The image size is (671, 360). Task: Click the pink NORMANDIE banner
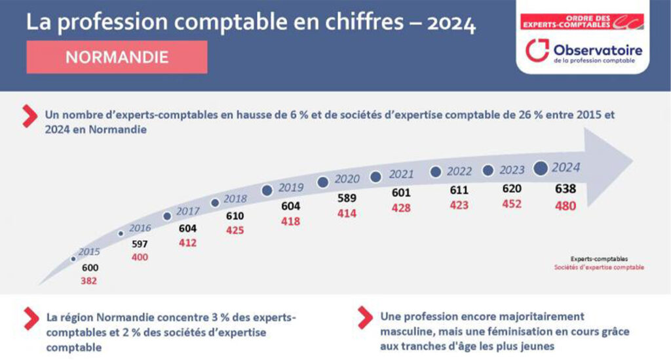coord(117,57)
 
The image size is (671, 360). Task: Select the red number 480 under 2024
coord(565,205)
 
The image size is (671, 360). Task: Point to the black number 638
coord(565,189)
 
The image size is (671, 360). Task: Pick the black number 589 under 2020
coord(347,197)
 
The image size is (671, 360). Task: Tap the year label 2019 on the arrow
coord(291,188)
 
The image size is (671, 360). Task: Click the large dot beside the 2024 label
coord(541,169)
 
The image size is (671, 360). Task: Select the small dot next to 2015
coord(73,259)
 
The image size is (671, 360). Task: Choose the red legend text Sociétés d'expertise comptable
coord(598,268)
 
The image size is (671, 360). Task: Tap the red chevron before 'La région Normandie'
coord(29,318)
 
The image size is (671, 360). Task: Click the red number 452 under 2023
coord(511,204)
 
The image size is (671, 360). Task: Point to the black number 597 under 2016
coord(140,244)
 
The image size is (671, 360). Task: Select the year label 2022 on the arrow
coord(459,172)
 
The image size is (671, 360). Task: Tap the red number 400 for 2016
coord(140,257)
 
